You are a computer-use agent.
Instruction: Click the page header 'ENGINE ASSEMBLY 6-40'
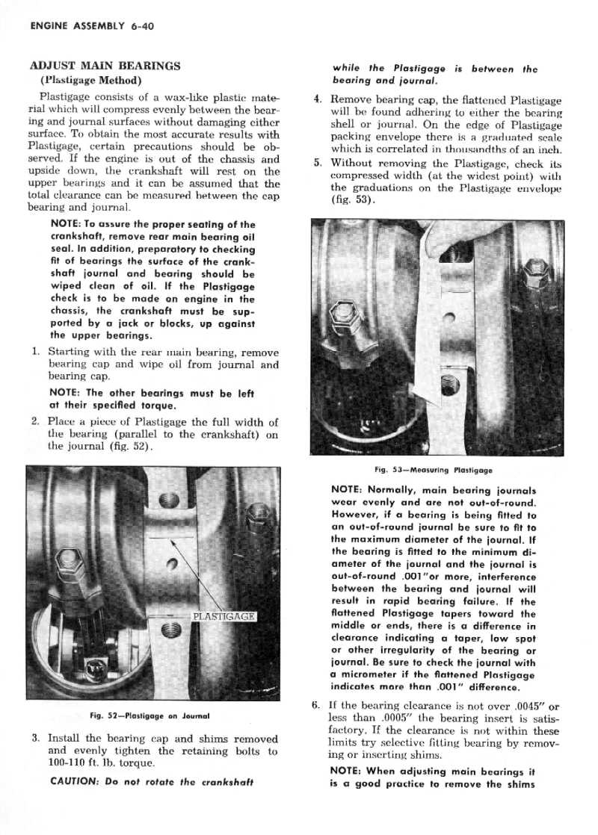91,26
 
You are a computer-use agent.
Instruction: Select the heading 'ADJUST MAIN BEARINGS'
104,65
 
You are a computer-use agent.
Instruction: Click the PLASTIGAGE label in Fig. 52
224,616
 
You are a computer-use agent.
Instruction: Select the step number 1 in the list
34,352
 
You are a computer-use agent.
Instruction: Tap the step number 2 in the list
34,423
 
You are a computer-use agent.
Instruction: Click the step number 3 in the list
34,738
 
